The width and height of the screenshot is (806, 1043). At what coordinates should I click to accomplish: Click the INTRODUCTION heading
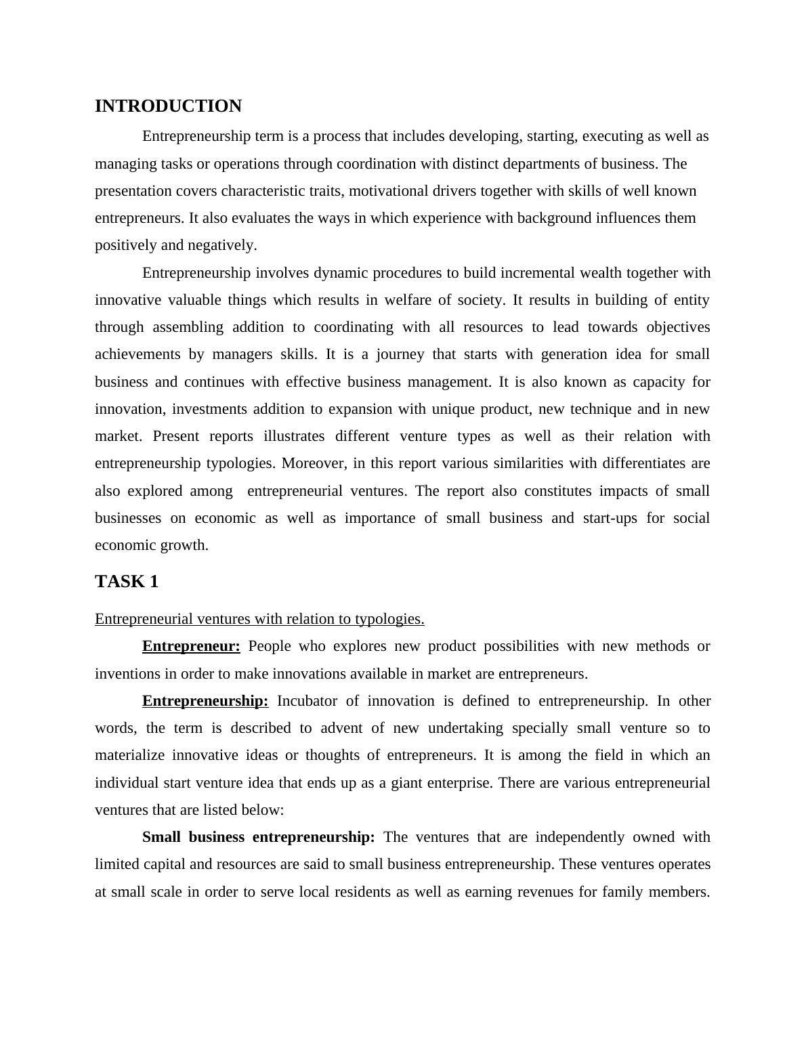coord(168,106)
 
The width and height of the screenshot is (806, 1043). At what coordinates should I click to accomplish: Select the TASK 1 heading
coord(127,582)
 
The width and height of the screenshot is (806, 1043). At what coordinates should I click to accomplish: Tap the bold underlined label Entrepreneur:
coord(191,646)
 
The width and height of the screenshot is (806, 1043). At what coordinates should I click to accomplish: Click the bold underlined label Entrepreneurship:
coord(205,701)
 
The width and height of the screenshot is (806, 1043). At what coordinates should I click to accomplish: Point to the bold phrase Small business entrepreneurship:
coord(258,837)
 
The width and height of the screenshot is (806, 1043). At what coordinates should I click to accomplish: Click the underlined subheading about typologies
coord(259,619)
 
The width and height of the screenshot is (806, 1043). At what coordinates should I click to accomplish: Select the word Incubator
coord(307,701)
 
